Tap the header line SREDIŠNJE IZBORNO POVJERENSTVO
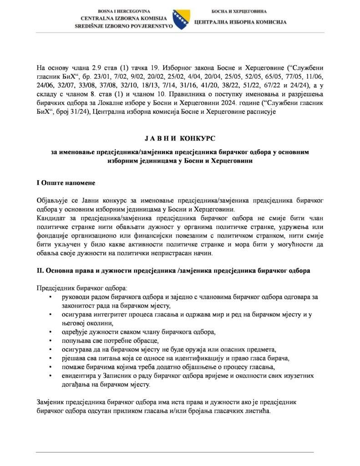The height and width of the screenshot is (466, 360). point(124,26)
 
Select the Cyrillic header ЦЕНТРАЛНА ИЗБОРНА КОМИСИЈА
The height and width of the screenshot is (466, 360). point(239,21)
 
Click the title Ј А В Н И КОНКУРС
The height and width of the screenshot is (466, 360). point(180,138)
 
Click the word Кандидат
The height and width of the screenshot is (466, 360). point(52,218)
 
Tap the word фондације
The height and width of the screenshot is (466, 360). point(55,235)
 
